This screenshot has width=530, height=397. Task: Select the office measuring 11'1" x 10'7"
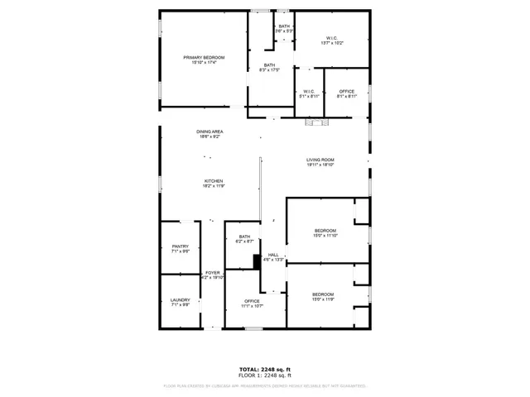[x=252, y=303]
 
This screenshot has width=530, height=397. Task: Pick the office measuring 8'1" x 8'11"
[x=347, y=93]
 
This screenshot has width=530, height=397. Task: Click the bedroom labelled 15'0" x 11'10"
[x=325, y=232]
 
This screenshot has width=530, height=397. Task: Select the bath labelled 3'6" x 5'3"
[x=284, y=29]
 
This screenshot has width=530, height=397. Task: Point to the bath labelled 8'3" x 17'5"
[x=269, y=67]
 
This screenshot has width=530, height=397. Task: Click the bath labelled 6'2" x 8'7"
[x=245, y=239]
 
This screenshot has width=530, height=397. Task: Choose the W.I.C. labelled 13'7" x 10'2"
[x=331, y=39]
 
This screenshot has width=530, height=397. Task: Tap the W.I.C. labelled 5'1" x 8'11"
[x=308, y=93]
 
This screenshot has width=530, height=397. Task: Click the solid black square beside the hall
[x=257, y=261]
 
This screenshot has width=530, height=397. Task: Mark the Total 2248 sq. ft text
[x=265, y=369]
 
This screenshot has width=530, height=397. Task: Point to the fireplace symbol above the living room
[x=317, y=122]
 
